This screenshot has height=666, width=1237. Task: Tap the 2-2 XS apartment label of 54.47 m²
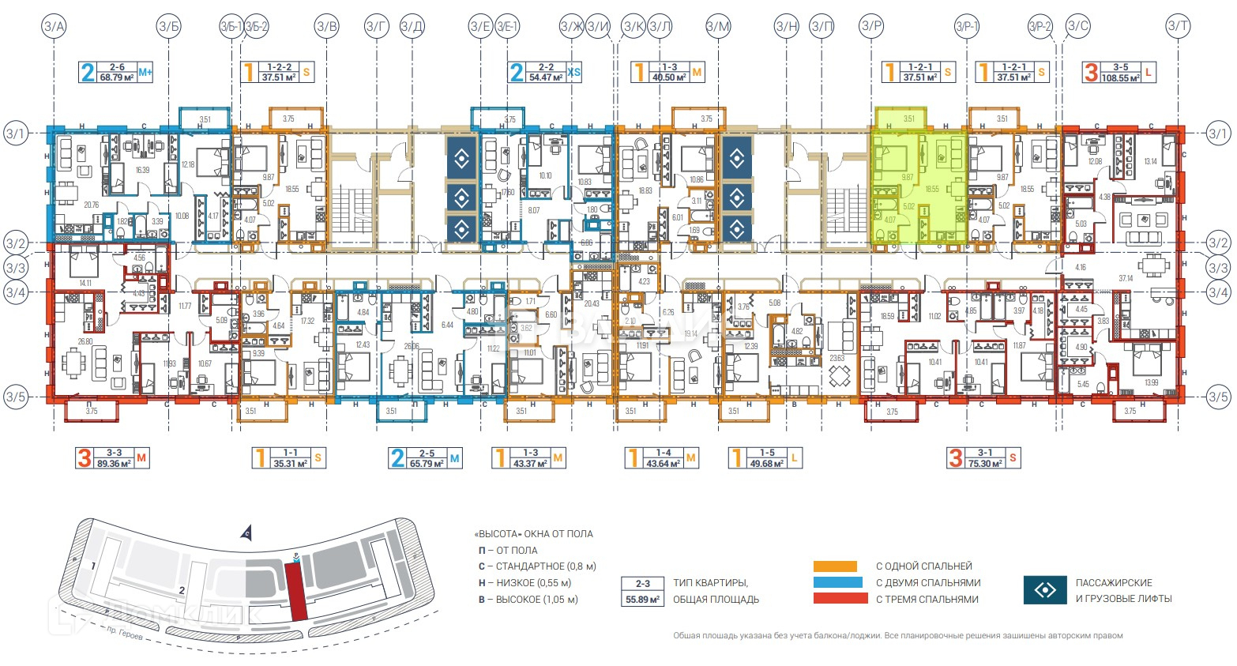click(546, 73)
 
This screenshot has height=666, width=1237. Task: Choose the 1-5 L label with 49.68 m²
click(766, 458)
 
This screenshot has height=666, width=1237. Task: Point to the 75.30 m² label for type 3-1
click(984, 458)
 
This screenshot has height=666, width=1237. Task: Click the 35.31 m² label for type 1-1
click(289, 458)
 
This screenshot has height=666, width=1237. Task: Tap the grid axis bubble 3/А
click(55, 27)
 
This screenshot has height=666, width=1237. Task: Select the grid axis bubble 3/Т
click(1178, 27)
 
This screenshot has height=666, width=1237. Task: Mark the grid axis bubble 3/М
click(717, 27)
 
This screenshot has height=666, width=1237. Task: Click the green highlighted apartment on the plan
click(919, 186)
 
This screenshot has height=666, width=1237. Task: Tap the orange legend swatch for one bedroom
click(835, 566)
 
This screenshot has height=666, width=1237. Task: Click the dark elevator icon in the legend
click(1044, 590)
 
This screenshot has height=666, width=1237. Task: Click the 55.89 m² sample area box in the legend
click(643, 600)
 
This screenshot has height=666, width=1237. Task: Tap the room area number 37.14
click(1126, 278)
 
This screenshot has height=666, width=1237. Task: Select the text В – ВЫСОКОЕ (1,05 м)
click(528, 600)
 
